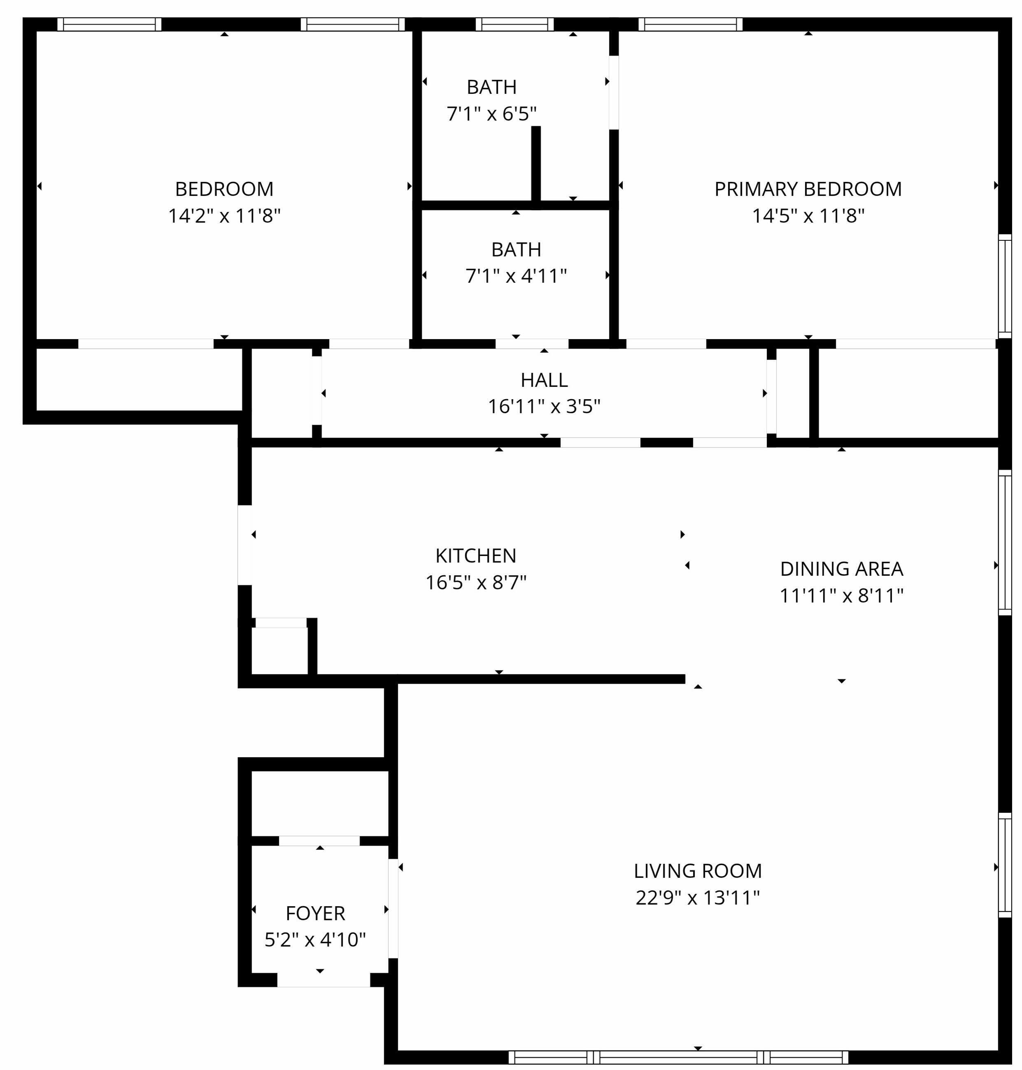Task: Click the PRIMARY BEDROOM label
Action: (808, 189)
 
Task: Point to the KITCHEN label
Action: (476, 556)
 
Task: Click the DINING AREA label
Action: (842, 569)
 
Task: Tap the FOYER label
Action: (316, 913)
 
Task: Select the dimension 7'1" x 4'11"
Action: (516, 276)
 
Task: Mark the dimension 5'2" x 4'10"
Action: (316, 940)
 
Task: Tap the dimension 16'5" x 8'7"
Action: (476, 582)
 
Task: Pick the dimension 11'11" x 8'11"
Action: (842, 595)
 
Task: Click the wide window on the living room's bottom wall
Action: (678, 1058)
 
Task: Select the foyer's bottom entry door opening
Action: (324, 980)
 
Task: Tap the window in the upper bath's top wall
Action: (514, 25)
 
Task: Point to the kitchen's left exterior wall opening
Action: (245, 545)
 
